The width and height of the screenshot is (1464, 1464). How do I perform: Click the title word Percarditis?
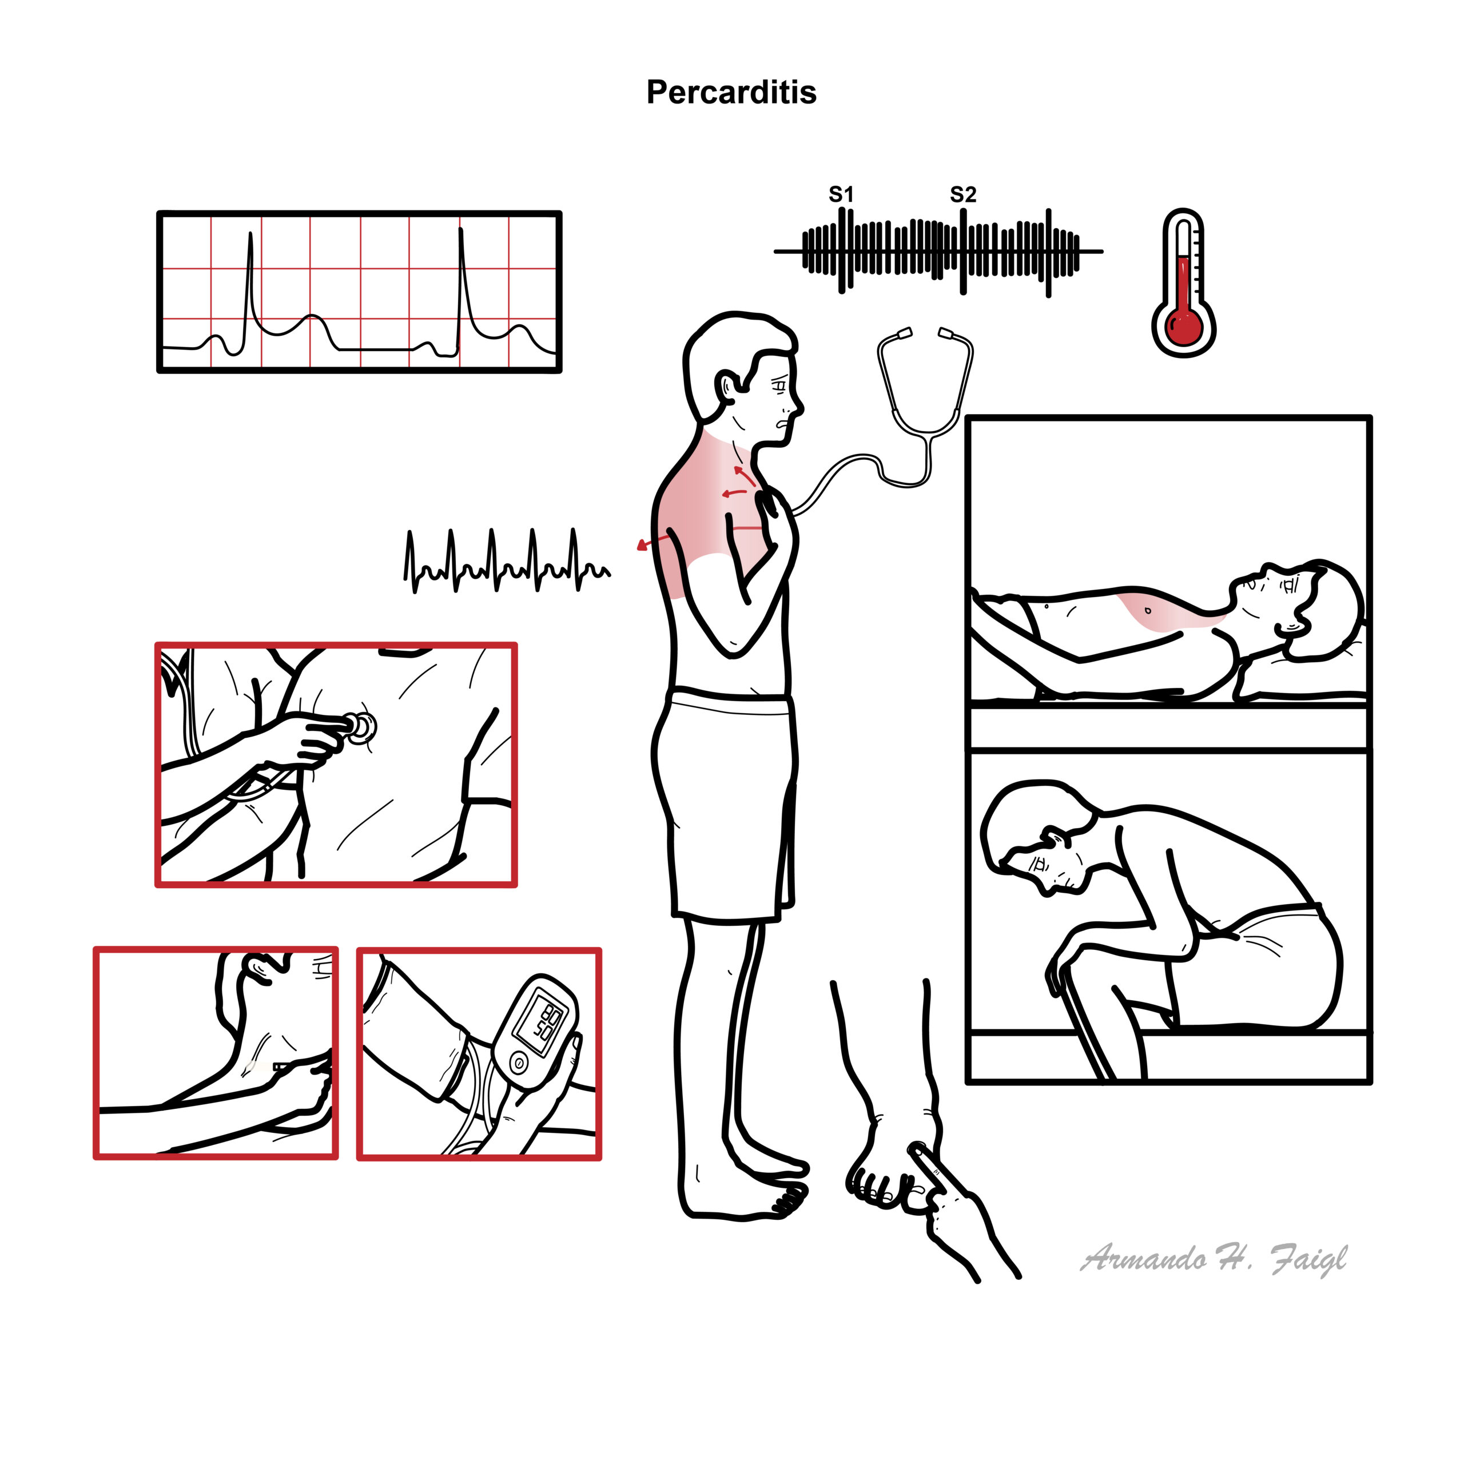point(731,93)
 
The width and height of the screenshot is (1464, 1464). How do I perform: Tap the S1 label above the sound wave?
point(841,195)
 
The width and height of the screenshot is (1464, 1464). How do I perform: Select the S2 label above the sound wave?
point(963,195)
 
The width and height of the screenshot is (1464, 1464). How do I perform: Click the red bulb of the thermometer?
point(1184,327)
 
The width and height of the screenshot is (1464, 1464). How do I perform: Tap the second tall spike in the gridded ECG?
point(462,288)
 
